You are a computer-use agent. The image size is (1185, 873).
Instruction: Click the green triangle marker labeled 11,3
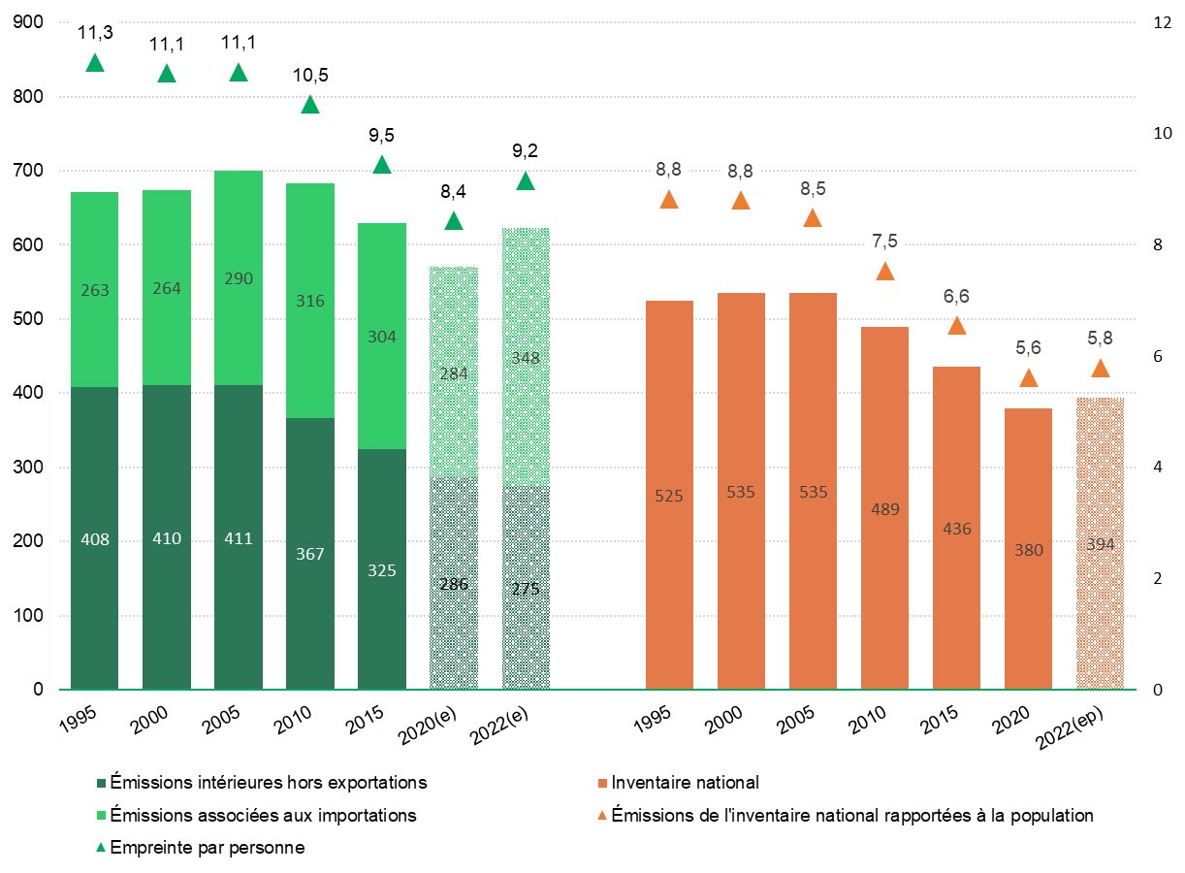coord(95,64)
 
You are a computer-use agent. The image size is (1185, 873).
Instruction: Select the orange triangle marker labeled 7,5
coord(885,272)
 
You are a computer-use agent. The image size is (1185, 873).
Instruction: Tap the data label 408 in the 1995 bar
coord(95,539)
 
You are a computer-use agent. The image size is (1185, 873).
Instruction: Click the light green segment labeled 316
coord(310,301)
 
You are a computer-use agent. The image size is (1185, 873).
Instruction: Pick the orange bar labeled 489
coord(885,508)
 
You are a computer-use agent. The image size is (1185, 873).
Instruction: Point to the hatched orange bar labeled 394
coord(1101,543)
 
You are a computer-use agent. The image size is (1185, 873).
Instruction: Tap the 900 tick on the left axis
coord(30,23)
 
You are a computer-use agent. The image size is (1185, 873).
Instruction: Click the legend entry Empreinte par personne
coord(208,848)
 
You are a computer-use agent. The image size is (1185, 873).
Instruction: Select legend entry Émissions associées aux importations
coord(263,815)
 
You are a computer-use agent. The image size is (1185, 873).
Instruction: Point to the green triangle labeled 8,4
coord(454,221)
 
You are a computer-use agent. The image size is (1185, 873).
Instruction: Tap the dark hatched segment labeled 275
coord(526,588)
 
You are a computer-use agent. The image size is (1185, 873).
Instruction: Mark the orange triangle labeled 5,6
coord(1029,378)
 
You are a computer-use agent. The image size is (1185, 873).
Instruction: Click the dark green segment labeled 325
coord(382,570)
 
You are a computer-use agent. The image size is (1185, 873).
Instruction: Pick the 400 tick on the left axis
coord(30,394)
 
